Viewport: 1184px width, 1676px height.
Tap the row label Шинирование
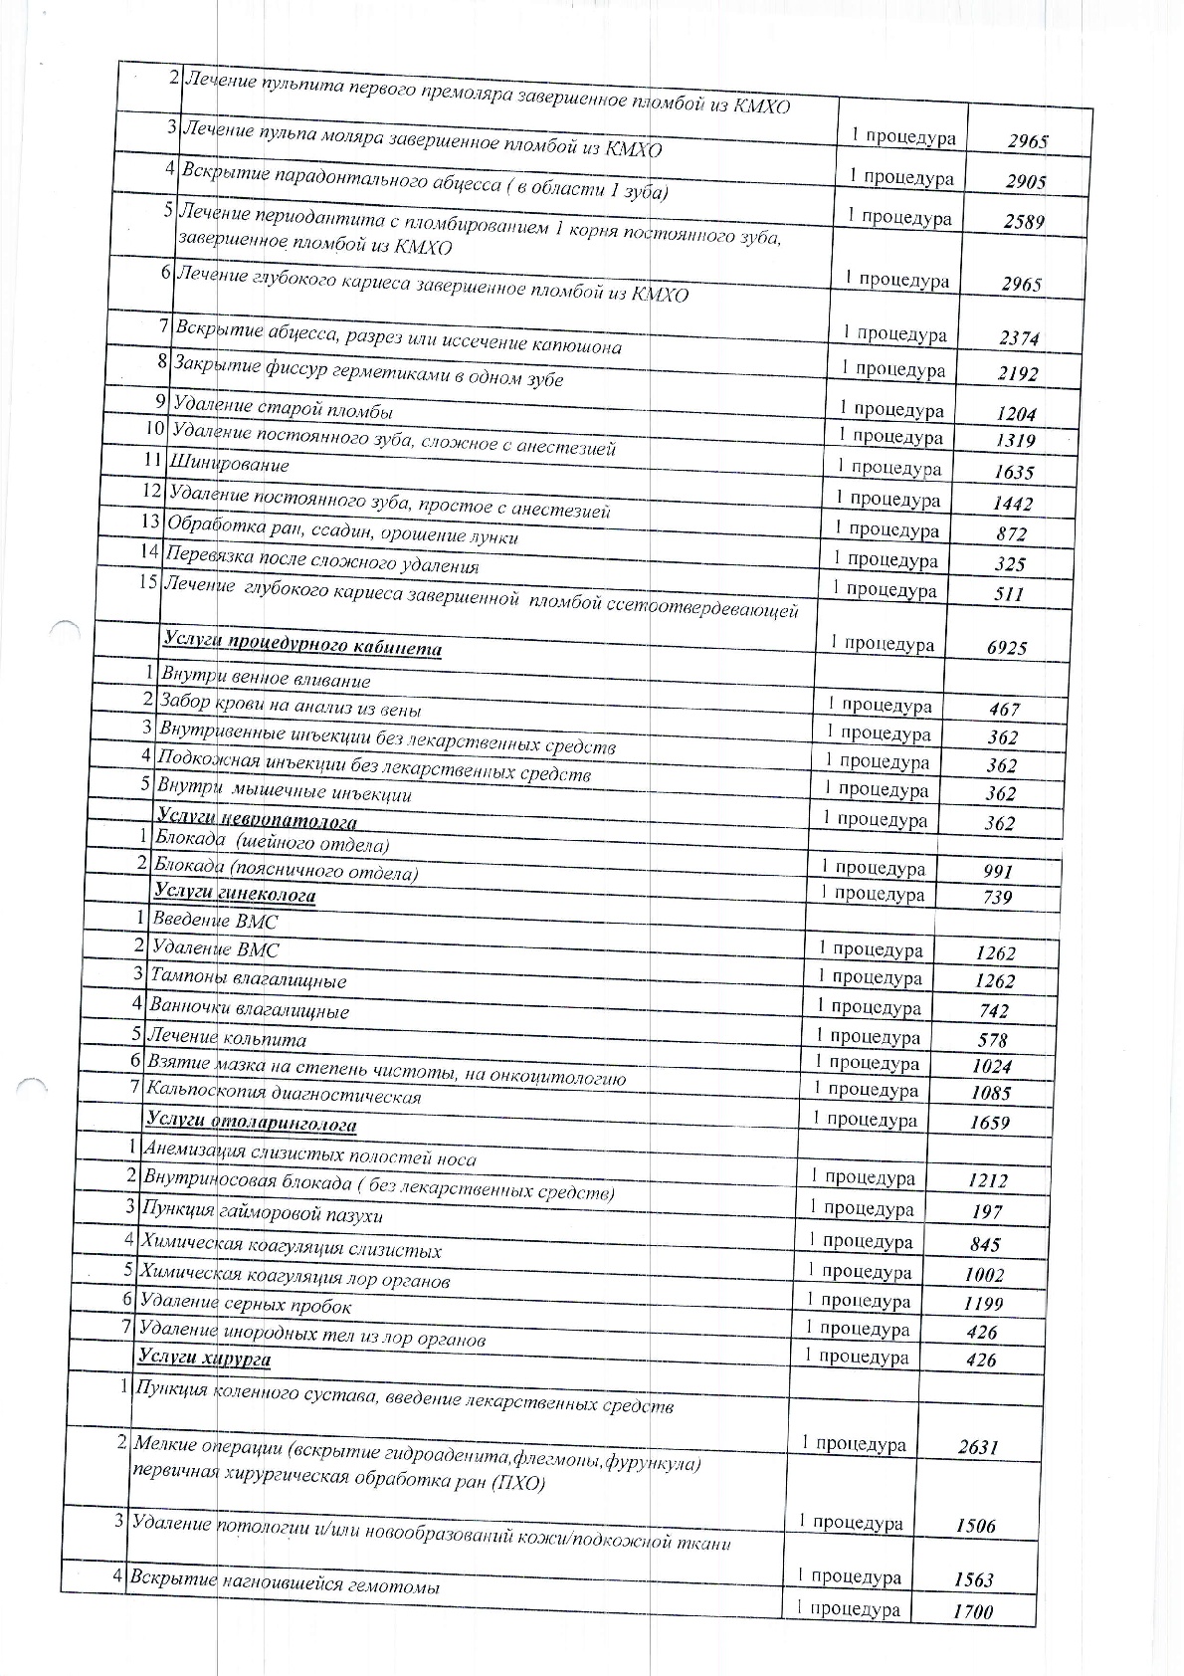230,464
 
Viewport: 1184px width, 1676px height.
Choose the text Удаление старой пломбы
283,409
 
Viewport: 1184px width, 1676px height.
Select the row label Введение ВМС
215,922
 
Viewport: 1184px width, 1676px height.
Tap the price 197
986,1212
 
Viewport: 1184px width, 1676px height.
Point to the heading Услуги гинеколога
235,894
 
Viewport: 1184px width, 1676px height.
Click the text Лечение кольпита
227,1039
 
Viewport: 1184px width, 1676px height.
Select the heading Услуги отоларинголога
251,1124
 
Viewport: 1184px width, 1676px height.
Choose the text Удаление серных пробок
245,1304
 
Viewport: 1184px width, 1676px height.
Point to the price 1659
989,1123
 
